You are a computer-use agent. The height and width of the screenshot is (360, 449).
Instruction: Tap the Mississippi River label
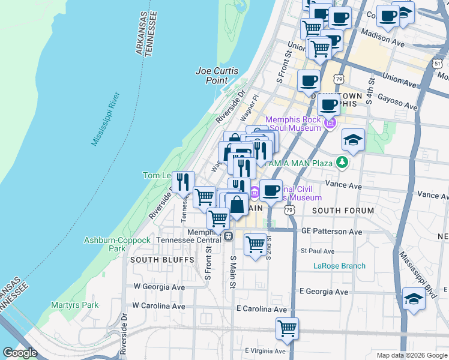click(107, 119)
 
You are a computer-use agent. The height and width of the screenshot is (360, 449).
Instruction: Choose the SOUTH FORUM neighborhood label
click(343, 211)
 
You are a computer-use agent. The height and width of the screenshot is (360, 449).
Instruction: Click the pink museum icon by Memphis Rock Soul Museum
click(330, 124)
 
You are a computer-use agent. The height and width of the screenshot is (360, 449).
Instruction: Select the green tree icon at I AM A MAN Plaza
click(342, 162)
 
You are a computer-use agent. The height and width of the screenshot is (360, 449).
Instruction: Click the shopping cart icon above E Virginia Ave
click(288, 328)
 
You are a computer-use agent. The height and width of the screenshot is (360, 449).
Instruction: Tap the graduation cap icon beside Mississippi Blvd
click(414, 298)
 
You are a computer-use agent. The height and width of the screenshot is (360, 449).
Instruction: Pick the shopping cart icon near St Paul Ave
click(256, 244)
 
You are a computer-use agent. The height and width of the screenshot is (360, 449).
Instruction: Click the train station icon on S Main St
click(228, 236)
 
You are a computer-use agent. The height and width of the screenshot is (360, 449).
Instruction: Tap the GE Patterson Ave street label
click(332, 231)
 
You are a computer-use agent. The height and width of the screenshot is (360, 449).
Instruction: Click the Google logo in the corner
click(20, 353)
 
